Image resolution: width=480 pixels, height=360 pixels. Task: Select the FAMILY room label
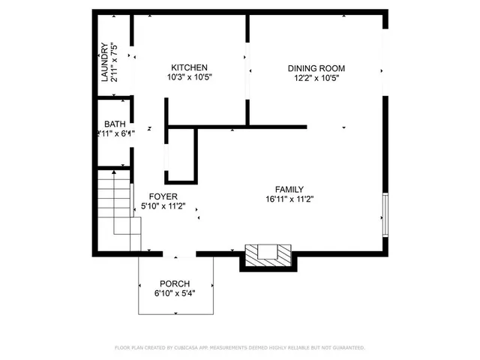tap(289, 190)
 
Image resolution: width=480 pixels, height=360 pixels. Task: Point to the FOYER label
tap(163, 196)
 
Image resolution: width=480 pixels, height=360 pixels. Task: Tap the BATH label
tap(115, 124)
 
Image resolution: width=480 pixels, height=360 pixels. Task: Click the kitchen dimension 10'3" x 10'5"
tap(189, 77)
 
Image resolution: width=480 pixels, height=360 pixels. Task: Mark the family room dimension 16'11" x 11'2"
tap(289, 199)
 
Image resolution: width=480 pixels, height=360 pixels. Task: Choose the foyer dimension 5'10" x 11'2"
tap(163, 206)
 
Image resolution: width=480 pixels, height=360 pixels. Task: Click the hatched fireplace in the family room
tap(266, 255)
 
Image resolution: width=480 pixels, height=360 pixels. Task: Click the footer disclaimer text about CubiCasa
tap(239, 348)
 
